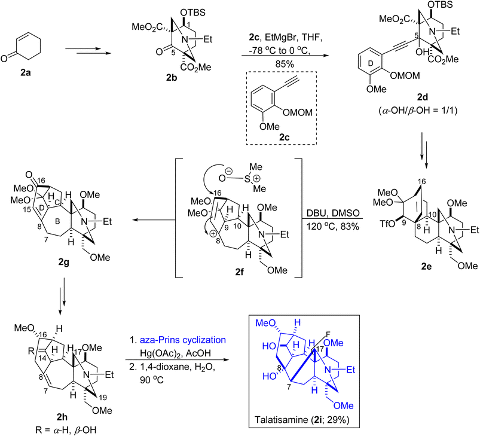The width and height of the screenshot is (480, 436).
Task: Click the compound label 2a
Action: pos(26,73)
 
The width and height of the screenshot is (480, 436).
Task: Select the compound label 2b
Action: pos(172,78)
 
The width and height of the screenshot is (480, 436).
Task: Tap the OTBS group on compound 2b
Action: pos(193,13)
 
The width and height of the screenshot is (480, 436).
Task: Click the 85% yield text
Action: pos(285,64)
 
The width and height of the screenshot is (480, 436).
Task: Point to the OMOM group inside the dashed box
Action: pos(298,112)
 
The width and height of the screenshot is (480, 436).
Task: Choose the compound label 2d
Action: pos(423,97)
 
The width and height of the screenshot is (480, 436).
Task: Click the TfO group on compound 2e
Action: pos(386,224)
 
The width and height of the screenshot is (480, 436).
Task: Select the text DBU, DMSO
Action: pos(333,213)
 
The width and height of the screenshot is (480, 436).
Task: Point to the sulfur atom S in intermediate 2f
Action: pos(247,178)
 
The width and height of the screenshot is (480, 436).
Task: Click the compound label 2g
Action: pos(64,262)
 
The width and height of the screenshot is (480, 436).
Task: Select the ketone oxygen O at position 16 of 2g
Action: pos(29,175)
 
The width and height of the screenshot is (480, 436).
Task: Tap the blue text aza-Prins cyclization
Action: pos(183,340)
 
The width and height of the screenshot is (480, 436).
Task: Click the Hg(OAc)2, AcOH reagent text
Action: pos(175,353)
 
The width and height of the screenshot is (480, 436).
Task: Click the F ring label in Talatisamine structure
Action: pos(328,334)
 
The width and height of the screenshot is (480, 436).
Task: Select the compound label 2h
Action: pos(62,417)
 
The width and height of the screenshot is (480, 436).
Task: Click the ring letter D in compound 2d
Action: pos(371,63)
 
